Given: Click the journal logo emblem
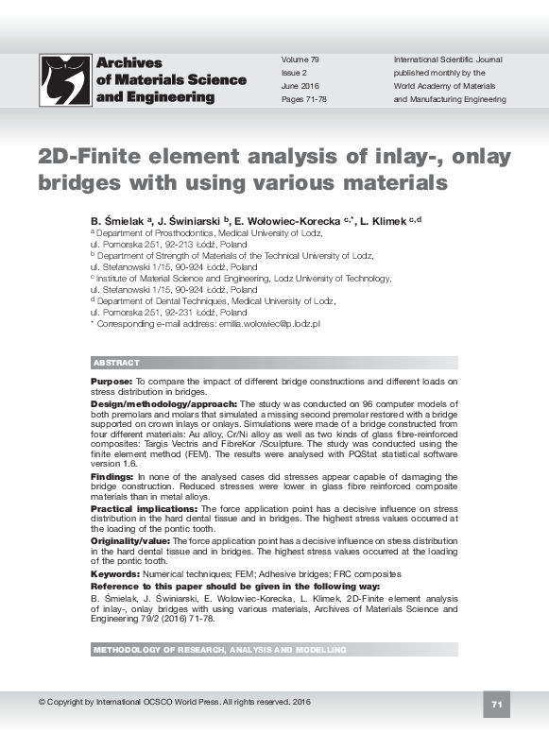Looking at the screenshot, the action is (64, 79).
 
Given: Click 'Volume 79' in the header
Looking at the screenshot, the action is (301, 60).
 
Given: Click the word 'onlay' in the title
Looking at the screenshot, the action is (476, 157).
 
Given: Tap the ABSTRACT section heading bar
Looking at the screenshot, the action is (274, 363).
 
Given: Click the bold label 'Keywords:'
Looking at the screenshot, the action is (114, 573).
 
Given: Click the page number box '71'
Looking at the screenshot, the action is (497, 704).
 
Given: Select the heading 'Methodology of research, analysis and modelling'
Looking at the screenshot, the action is (219, 650).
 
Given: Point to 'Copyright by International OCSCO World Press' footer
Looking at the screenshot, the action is (175, 702).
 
